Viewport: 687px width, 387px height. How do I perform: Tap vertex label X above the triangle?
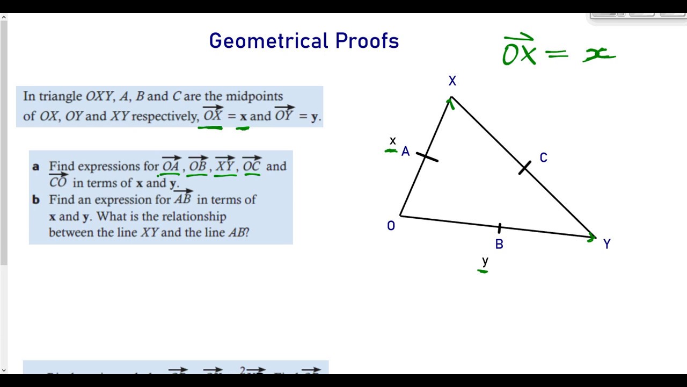pyautogui.click(x=452, y=81)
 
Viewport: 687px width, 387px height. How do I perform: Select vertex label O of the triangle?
pyautogui.click(x=391, y=226)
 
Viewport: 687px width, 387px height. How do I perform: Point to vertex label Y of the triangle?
pyautogui.click(x=606, y=245)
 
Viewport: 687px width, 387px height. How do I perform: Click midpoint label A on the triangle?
pyautogui.click(x=405, y=152)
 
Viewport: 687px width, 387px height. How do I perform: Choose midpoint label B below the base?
pyautogui.click(x=499, y=245)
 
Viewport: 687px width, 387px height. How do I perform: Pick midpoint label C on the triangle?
pyautogui.click(x=543, y=158)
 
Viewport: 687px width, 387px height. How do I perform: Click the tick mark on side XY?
pyautogui.click(x=524, y=168)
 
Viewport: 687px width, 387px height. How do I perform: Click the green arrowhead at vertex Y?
pyautogui.click(x=591, y=237)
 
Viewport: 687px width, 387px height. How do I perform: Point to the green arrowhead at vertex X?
pyautogui.click(x=450, y=102)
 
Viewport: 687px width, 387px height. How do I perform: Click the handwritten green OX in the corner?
pyautogui.click(x=519, y=52)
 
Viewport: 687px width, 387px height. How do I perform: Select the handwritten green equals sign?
pyautogui.click(x=559, y=53)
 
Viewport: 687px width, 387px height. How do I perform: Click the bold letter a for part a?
pyautogui.click(x=35, y=167)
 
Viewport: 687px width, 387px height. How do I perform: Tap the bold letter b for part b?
pyautogui.click(x=36, y=200)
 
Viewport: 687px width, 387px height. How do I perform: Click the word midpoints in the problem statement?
pyautogui.click(x=254, y=97)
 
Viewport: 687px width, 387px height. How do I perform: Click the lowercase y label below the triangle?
pyautogui.click(x=485, y=262)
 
